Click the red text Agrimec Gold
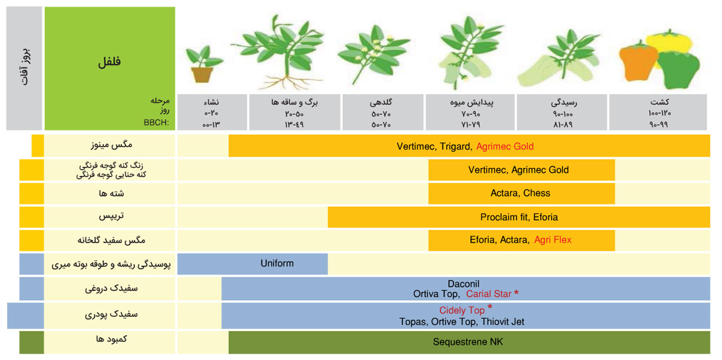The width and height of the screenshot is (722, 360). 505,147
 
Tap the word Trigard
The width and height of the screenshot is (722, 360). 456,147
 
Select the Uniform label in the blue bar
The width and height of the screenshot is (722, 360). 277,264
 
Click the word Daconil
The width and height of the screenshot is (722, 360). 463,284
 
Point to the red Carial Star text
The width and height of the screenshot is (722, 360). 489,294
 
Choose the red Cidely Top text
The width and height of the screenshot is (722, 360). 462,310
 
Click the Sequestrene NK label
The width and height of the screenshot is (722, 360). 468,342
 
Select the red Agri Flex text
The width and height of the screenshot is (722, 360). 553,240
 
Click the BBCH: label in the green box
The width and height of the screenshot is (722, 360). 157,123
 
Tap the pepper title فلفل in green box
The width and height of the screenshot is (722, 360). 109,61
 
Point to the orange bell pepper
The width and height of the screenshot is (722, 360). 638,63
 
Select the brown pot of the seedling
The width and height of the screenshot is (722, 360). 202,75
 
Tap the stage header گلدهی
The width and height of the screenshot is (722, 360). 381,103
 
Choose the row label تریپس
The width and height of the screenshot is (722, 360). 111,216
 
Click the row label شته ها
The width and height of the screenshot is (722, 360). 111,193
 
